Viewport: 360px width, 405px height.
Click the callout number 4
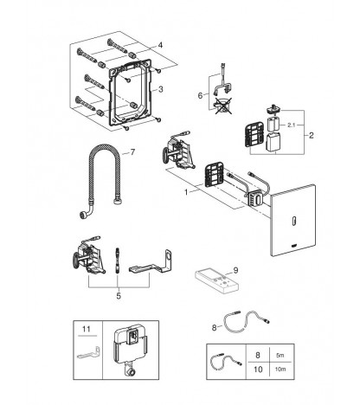(x=160, y=45)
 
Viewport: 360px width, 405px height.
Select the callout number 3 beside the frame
(x=161, y=89)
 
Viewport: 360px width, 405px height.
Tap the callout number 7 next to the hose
(x=132, y=151)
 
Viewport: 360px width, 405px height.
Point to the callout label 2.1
(x=292, y=125)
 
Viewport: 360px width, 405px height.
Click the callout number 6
(x=200, y=95)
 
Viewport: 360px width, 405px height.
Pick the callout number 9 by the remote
(x=235, y=270)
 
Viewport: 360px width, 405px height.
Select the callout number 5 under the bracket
(x=119, y=296)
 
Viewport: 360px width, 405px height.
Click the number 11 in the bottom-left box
(x=87, y=329)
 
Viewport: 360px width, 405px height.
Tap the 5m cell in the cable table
(x=280, y=355)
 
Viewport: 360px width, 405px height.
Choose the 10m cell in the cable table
(x=280, y=369)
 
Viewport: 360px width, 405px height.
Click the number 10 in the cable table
(x=258, y=369)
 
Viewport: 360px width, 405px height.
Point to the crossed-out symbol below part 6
(x=223, y=106)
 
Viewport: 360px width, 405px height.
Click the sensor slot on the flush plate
(x=294, y=221)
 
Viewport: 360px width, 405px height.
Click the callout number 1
(x=186, y=192)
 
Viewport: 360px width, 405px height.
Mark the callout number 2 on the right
(x=311, y=135)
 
